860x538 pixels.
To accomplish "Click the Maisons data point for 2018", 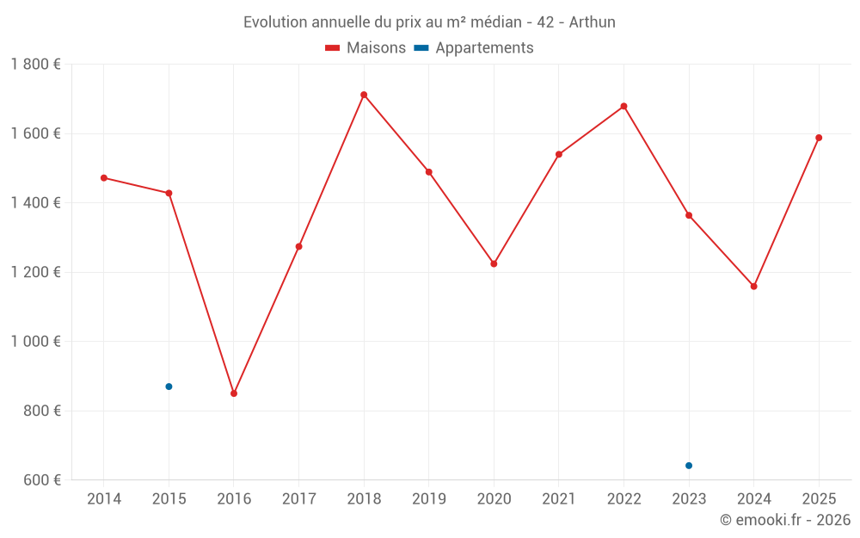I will [x=364, y=95].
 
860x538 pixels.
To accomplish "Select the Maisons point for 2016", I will [x=234, y=393].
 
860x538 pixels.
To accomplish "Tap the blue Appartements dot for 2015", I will [x=169, y=386].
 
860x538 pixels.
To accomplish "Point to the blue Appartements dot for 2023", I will [x=689, y=466].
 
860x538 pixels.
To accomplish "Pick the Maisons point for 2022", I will [x=623, y=107].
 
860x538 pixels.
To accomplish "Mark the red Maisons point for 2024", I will [x=753, y=287].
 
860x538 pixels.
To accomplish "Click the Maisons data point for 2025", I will [x=819, y=138].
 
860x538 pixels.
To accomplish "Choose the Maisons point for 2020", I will [x=494, y=263].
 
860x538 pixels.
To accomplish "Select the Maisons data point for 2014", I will [x=104, y=178].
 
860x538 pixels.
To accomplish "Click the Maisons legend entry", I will [x=365, y=48].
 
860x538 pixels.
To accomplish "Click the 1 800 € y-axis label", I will [x=35, y=65].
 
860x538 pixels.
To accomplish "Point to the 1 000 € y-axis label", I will [x=35, y=342].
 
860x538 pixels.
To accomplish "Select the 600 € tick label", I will [x=41, y=480].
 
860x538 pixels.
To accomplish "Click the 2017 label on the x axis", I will [x=298, y=499].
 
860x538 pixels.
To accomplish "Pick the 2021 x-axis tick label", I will [x=559, y=499].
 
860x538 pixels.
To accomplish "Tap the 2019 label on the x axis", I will [x=429, y=499].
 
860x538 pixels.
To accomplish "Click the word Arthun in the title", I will [x=593, y=22].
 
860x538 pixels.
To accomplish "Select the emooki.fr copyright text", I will [x=784, y=520].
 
